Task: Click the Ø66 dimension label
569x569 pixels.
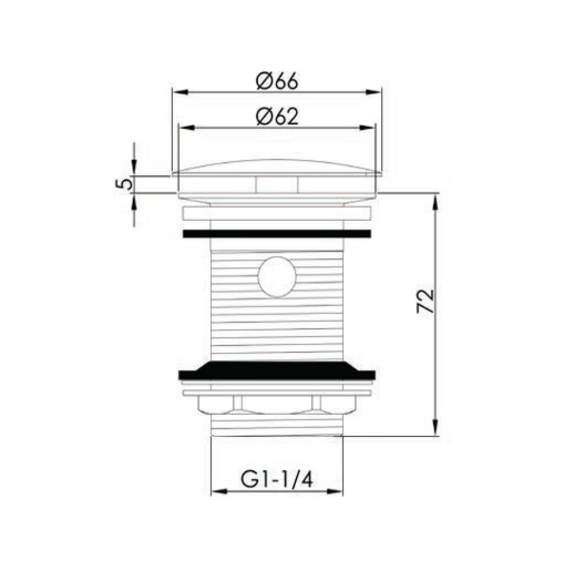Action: coord(277,81)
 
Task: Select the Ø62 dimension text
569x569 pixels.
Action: coord(277,117)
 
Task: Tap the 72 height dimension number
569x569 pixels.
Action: coord(425,301)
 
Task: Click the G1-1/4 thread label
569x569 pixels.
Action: coord(277,480)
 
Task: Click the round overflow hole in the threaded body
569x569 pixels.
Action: coord(277,277)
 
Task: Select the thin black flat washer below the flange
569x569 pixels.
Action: coord(277,234)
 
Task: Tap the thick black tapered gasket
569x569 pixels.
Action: coord(277,371)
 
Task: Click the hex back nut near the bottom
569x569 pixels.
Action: coord(277,405)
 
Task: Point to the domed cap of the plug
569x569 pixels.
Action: coord(277,167)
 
